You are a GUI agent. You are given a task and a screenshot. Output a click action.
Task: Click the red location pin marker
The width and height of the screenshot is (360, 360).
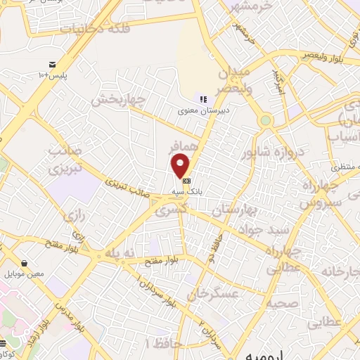coord(181,166)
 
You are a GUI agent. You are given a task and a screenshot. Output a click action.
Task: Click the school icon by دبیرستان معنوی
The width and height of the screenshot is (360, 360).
coord(202,99)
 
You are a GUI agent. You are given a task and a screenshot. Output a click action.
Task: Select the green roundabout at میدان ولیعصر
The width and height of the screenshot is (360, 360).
coord(265,120)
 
